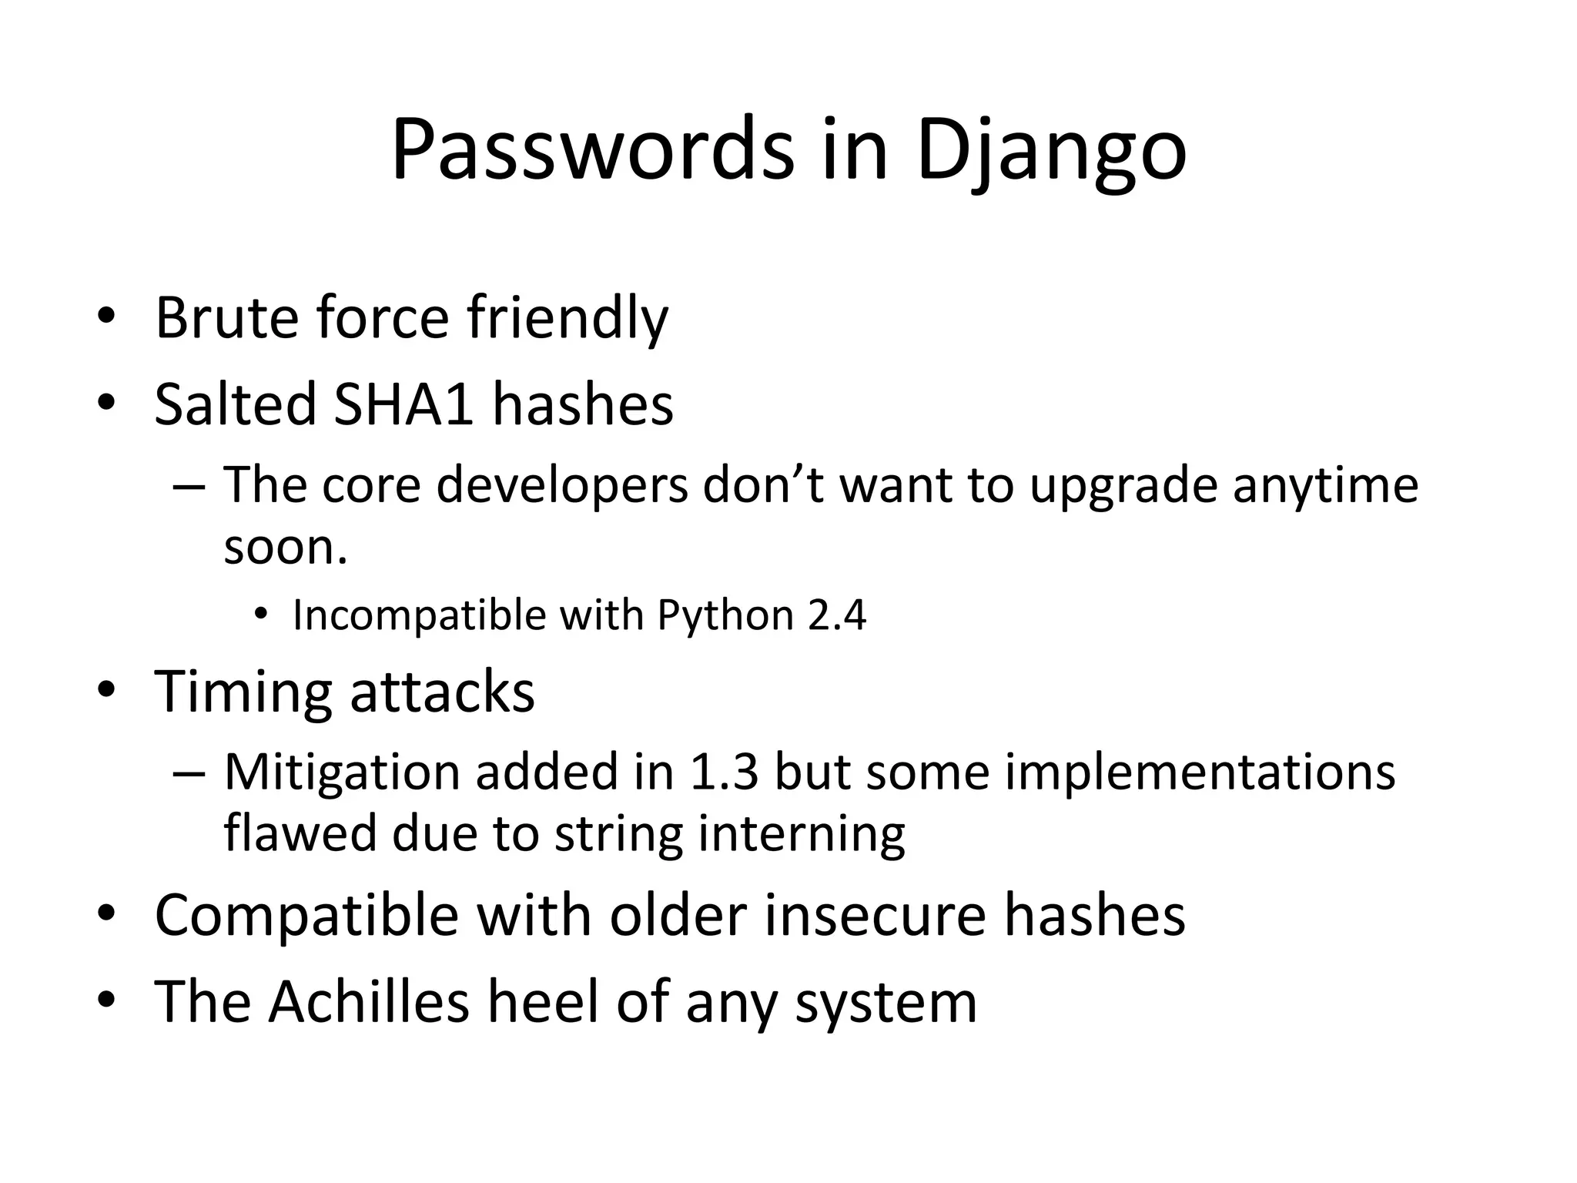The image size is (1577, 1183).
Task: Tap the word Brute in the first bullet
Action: (225, 317)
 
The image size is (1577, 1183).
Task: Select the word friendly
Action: (568, 317)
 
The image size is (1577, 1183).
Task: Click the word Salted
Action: (236, 404)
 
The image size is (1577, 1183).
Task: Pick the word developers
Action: (562, 486)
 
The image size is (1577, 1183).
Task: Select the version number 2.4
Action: (837, 615)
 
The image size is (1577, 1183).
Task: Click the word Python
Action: (725, 615)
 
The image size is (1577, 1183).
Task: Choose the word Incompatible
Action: (419, 615)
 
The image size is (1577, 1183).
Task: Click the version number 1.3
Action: (724, 772)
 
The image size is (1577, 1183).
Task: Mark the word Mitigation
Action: (342, 772)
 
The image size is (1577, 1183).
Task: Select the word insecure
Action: (876, 916)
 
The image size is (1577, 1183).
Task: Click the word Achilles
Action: (369, 1002)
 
